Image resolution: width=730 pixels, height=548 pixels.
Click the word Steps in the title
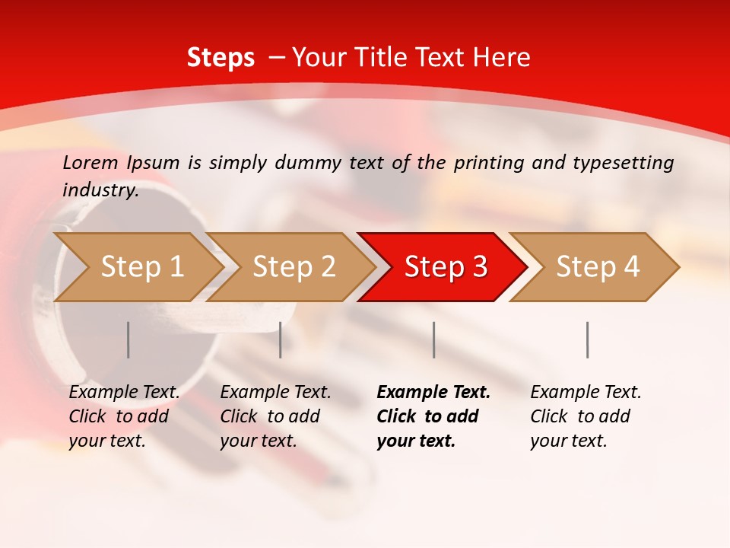(221, 58)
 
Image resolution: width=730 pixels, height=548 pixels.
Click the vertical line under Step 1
(129, 339)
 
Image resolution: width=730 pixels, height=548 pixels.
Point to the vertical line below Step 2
(281, 339)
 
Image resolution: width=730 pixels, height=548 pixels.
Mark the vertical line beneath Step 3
(434, 339)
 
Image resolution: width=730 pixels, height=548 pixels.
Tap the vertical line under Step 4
(588, 339)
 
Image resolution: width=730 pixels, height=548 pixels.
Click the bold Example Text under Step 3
(433, 393)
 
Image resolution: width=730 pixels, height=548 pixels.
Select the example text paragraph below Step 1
(124, 416)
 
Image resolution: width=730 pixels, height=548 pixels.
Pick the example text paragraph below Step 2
(275, 416)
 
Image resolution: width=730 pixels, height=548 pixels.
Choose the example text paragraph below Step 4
(586, 416)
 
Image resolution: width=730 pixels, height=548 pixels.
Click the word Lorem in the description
(90, 163)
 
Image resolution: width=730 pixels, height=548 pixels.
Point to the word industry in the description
(100, 190)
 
